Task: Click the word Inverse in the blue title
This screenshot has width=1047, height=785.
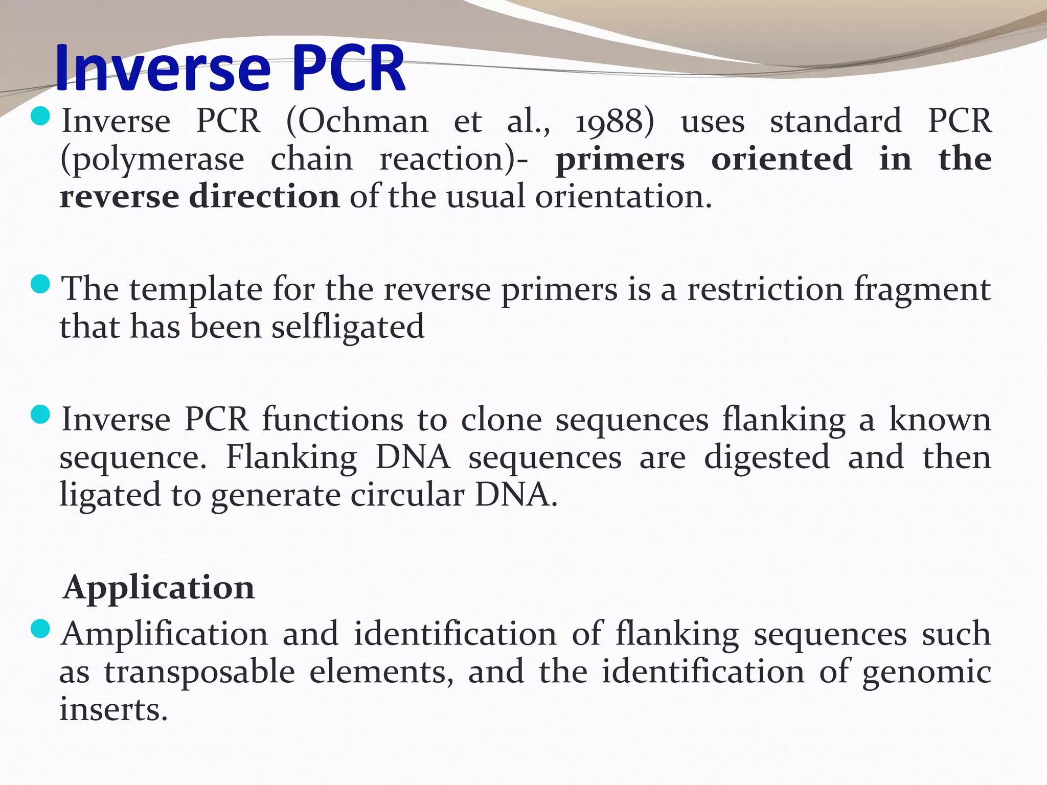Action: coord(163,69)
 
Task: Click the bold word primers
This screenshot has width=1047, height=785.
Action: coord(620,159)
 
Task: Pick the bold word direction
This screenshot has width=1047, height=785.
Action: coord(264,197)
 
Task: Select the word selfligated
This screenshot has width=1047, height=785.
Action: coord(348,328)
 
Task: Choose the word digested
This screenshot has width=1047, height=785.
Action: coord(766,458)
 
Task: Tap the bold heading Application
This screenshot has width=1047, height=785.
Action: coord(158,588)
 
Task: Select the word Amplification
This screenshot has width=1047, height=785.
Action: coord(165,634)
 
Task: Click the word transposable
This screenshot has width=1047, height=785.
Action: coord(200,673)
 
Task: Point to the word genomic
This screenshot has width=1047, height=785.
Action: coord(927,673)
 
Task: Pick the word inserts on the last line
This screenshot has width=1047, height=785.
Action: coord(113,710)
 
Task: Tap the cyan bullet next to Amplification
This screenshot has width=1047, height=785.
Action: coord(40,629)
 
